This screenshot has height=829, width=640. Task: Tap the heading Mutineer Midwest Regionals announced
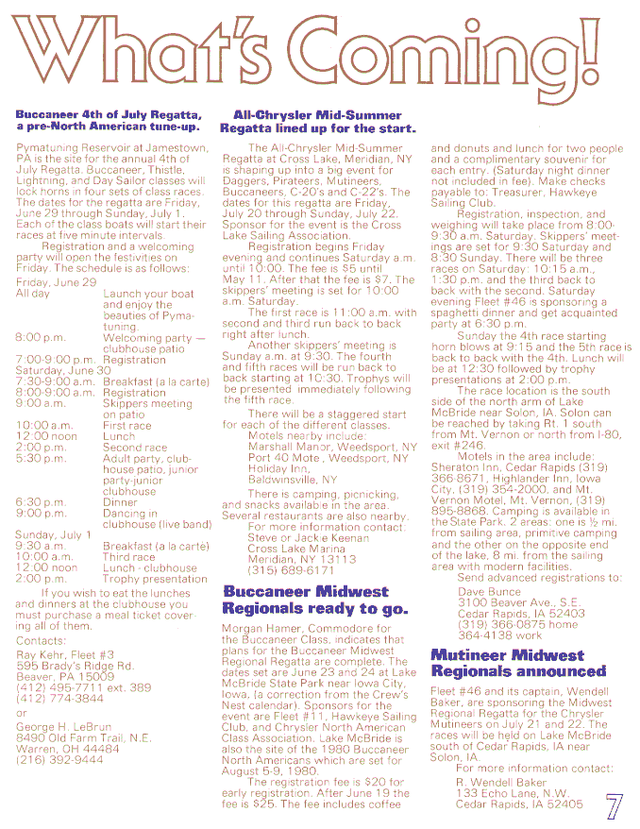tap(518, 663)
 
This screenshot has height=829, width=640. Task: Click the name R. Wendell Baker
tap(501, 783)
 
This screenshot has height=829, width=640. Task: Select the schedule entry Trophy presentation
tap(155, 578)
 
